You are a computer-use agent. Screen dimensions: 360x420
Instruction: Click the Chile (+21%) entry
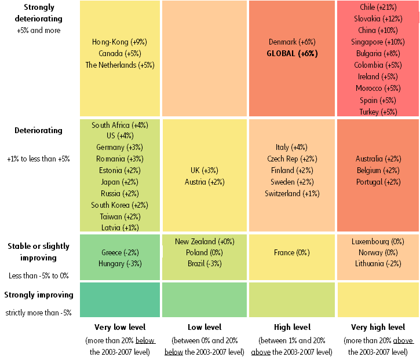point(377,7)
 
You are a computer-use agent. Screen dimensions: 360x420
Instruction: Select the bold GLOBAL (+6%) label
point(291,53)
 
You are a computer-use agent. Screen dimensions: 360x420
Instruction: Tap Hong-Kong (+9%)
point(119,42)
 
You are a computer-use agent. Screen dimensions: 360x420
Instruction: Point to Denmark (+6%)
point(291,42)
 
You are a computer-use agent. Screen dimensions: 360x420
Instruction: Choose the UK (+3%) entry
point(204,170)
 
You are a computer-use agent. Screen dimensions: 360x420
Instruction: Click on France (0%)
point(291,252)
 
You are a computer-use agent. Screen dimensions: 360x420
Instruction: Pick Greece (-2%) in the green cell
point(119,252)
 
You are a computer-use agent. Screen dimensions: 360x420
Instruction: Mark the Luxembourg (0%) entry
point(377,241)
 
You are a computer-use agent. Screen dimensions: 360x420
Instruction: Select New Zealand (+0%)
point(204,241)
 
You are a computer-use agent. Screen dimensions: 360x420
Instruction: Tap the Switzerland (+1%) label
point(291,193)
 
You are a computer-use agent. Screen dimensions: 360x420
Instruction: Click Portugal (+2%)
point(377,182)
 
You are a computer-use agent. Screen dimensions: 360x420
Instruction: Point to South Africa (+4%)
point(119,124)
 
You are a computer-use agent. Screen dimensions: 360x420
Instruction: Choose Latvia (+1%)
point(119,227)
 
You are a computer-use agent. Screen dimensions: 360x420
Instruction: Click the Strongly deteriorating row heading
point(39,13)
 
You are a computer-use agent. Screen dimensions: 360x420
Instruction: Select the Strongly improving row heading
point(39,295)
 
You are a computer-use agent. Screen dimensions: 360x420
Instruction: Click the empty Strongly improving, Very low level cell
point(119,299)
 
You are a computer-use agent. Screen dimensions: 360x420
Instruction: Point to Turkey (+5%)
point(377,112)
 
